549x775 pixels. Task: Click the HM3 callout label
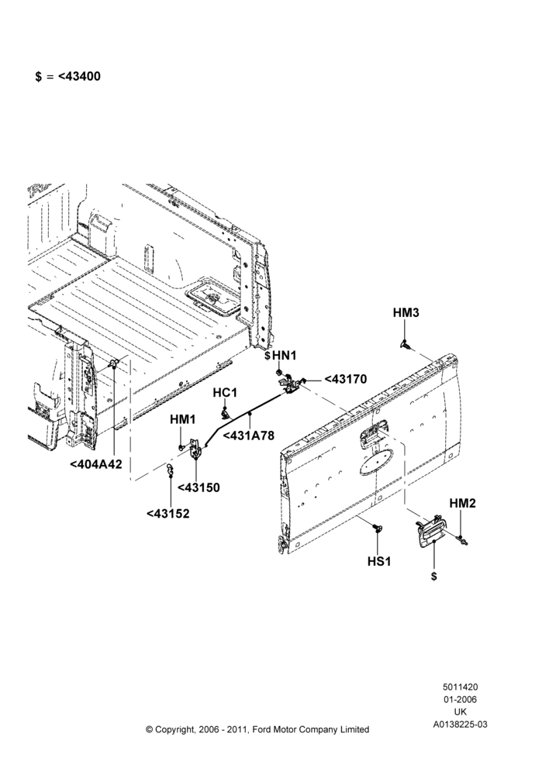tap(406, 313)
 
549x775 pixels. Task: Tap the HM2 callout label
tap(462, 503)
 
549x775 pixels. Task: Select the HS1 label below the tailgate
tap(379, 561)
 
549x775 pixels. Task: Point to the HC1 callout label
tap(225, 392)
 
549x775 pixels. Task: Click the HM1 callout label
tap(183, 419)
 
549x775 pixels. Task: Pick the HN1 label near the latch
tap(285, 356)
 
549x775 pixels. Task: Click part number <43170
tap(345, 379)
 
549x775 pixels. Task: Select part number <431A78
tap(248, 436)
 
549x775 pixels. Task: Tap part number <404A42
tap(96, 464)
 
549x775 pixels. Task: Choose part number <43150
tap(199, 487)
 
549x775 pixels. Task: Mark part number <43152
tap(168, 514)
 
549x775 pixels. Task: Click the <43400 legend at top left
tap(67, 77)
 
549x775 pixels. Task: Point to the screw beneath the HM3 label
tap(406, 345)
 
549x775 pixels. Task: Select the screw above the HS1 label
tap(378, 528)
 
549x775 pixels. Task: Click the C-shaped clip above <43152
tap(170, 470)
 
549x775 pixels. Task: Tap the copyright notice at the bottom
tap(257, 729)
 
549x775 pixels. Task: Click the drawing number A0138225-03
tap(461, 725)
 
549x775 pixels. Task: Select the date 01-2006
tap(461, 699)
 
